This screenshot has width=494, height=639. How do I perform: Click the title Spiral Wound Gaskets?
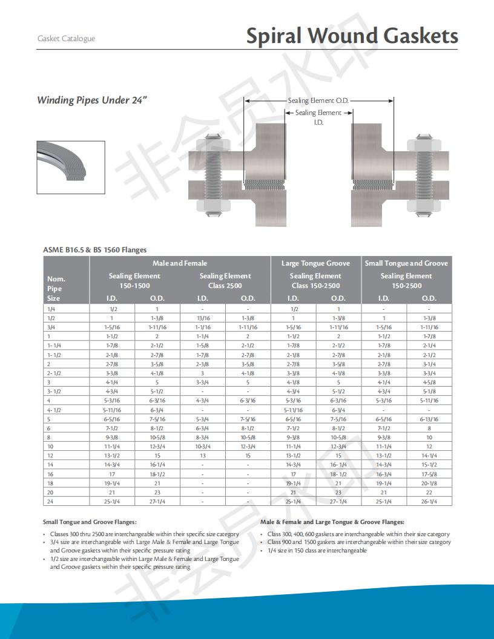(352, 36)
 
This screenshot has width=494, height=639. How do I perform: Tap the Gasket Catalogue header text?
(66, 39)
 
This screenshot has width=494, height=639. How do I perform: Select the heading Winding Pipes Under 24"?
(92, 100)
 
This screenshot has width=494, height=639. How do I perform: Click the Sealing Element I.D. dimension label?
(318, 117)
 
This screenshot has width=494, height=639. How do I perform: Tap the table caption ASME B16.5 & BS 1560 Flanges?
(94, 249)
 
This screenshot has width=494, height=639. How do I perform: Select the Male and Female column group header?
(179, 263)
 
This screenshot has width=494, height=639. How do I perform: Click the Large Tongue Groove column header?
(315, 263)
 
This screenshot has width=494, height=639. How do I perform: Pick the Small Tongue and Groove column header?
(406, 263)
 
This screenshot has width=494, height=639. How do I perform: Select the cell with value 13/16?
(202, 318)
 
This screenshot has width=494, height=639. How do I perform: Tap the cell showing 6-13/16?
(429, 419)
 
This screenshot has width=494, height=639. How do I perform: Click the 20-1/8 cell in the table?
(429, 483)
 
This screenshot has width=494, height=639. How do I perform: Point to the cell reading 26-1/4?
(429, 501)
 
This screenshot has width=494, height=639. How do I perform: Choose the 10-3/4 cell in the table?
(202, 446)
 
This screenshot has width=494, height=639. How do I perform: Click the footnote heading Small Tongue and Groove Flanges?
(90, 522)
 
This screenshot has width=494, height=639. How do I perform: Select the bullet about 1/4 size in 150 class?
(317, 550)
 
